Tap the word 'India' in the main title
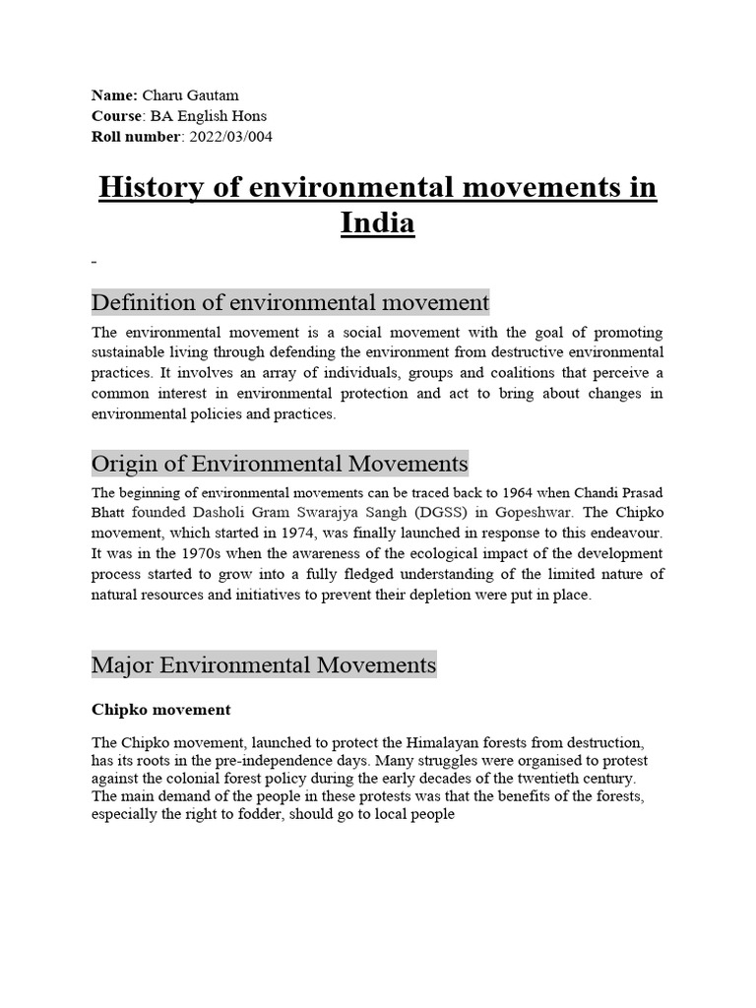(377, 223)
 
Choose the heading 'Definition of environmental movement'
(289, 301)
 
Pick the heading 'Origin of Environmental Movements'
(280, 463)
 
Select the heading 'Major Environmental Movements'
(263, 665)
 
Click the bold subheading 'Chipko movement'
(160, 709)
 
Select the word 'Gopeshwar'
(541, 512)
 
